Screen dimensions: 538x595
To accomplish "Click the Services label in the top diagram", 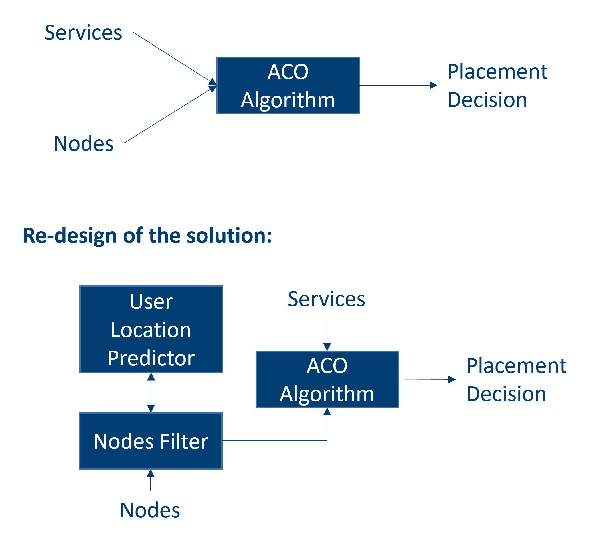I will pyautogui.click(x=83, y=33).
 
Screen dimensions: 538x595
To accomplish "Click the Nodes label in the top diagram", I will pyautogui.click(x=84, y=144).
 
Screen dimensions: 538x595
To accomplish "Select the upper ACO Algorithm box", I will pyautogui.click(x=288, y=86).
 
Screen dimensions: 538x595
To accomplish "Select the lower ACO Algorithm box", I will pyautogui.click(x=327, y=379).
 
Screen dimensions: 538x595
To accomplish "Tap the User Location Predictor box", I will pyautogui.click(x=151, y=329).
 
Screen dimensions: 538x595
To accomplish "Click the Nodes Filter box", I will pyautogui.click(x=151, y=441).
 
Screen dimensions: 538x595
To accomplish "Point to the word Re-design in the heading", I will pyautogui.click(x=70, y=236).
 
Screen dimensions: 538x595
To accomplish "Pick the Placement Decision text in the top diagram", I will pyautogui.click(x=497, y=86).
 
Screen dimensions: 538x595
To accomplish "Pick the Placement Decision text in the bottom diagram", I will pyautogui.click(x=516, y=379).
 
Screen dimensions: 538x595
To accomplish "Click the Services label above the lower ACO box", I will pyautogui.click(x=326, y=299).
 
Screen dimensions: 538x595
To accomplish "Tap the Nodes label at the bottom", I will pyautogui.click(x=150, y=510).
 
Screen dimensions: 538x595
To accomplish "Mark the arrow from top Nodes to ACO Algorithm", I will pyautogui.click(x=168, y=116).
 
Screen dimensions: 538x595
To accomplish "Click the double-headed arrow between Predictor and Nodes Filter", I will pyautogui.click(x=151, y=393).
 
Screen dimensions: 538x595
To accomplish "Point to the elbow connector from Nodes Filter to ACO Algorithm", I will pyautogui.click(x=274, y=441).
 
